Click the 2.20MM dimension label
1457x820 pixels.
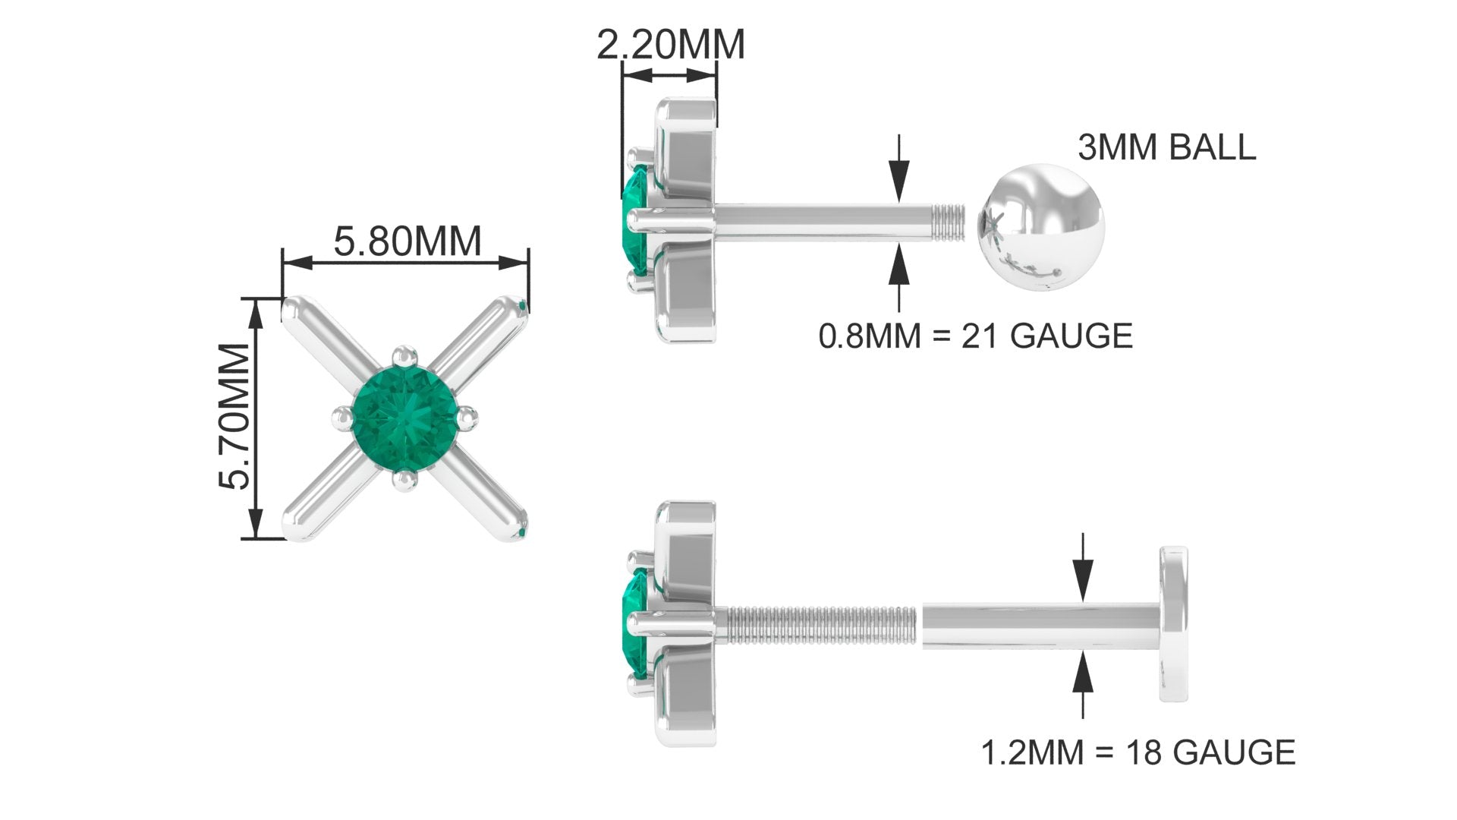(670, 46)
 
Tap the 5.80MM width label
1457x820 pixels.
(408, 241)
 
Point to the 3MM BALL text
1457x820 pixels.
(1166, 147)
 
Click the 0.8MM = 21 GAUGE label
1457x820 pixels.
(975, 336)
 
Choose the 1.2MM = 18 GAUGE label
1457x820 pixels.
(1138, 752)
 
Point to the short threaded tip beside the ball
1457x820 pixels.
(949, 221)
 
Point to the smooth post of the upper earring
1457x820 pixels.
(820, 221)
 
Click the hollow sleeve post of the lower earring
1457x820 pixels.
(1040, 623)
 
